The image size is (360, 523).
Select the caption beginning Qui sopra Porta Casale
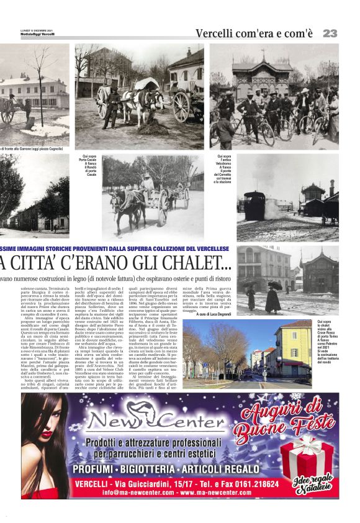coord(91,165)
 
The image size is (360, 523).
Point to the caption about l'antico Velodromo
coord(223,169)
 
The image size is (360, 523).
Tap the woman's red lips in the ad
coord(47,434)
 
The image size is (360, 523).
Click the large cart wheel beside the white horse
coord(182,106)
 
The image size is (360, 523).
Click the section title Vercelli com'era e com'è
coord(254,34)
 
